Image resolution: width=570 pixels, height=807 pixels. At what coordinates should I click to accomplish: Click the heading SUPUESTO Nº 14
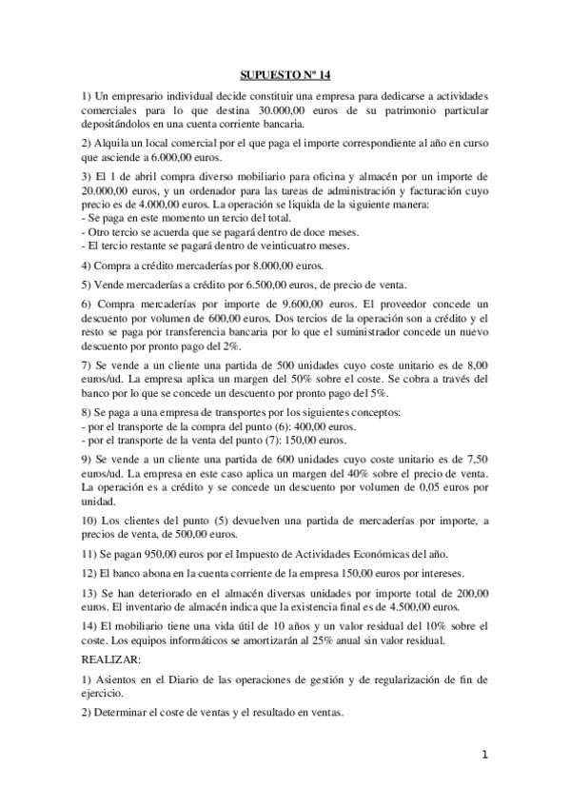pyautogui.click(x=285, y=73)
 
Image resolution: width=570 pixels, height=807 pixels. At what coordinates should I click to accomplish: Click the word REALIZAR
pyautogui.click(x=110, y=659)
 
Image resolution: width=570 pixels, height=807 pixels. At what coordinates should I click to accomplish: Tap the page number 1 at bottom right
pyautogui.click(x=484, y=756)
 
